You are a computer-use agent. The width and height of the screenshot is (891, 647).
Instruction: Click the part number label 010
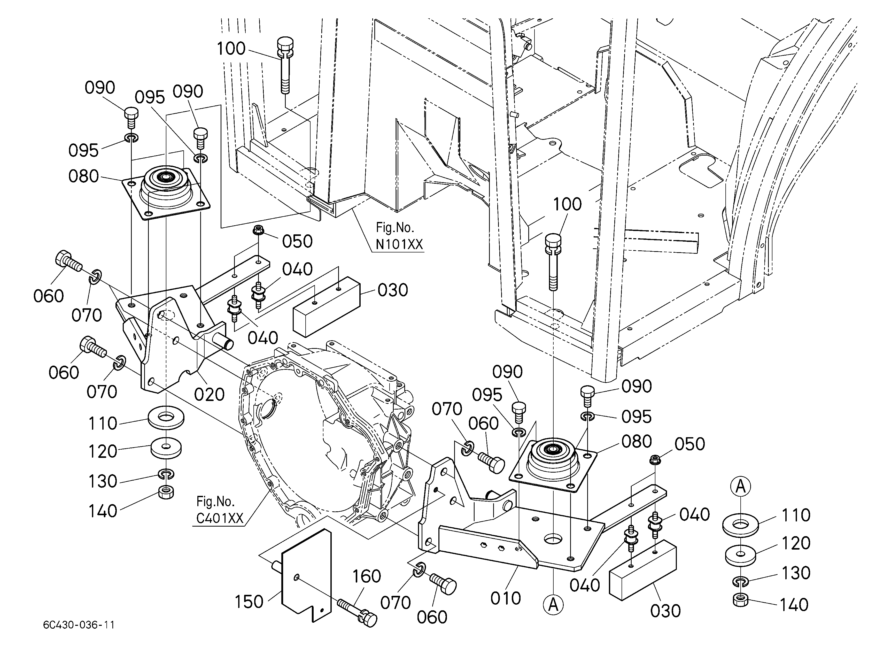(506, 598)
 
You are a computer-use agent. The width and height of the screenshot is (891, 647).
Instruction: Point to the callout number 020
(210, 394)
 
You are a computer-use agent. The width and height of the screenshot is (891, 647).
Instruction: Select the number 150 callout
(249, 602)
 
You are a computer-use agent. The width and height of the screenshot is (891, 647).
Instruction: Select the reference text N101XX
(399, 244)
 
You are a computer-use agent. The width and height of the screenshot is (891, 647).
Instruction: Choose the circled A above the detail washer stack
(741, 487)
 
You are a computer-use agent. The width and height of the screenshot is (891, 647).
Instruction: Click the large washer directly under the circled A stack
(741, 525)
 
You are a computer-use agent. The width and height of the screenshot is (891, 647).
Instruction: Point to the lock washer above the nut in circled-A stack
(741, 581)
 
